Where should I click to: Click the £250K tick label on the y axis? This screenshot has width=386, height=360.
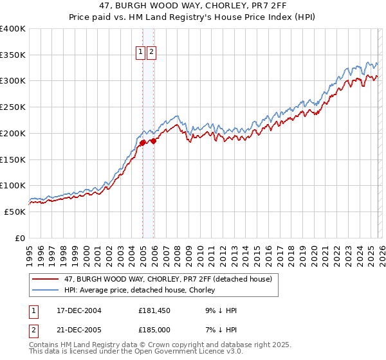13,107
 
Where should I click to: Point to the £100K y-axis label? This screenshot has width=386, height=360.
13,185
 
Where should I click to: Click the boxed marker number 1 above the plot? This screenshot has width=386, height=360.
140,53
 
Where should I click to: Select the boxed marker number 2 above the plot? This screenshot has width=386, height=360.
151,53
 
